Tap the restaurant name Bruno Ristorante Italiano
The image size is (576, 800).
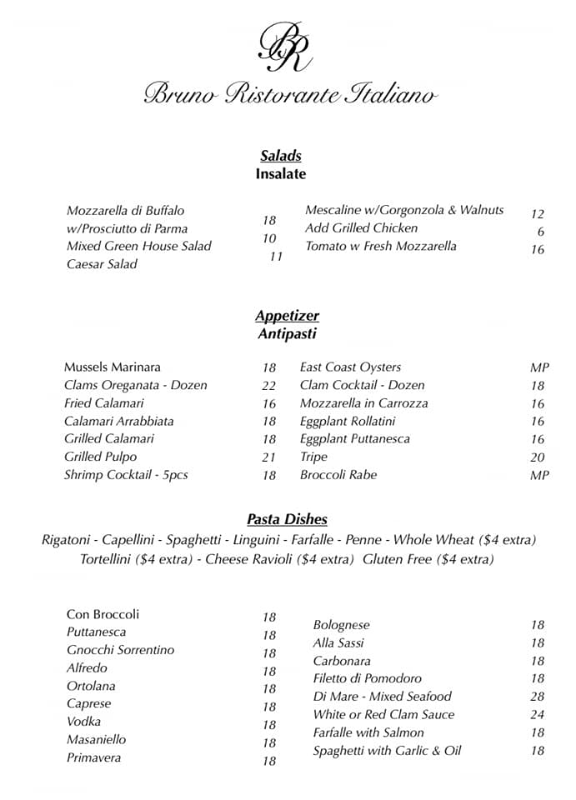[289, 93]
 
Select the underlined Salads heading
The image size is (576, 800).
[280, 156]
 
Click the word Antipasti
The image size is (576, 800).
[287, 334]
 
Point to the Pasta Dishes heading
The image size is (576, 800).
[287, 519]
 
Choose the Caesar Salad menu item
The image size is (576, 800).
[102, 264]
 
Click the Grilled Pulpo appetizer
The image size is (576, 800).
[100, 457]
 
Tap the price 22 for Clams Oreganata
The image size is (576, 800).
[268, 386]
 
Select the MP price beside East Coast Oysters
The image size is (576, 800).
[539, 367]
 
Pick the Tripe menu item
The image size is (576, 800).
[313, 457]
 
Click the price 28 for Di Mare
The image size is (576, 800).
[537, 697]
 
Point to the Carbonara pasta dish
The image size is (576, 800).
[341, 661]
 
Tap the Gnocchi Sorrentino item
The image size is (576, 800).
[120, 650]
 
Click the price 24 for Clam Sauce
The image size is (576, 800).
[537, 715]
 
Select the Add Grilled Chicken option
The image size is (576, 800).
[361, 227]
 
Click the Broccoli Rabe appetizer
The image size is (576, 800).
[338, 475]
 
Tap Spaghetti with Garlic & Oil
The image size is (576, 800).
[387, 751]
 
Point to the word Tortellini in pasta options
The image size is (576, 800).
[106, 559]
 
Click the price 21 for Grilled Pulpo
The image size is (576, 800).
[268, 457]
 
